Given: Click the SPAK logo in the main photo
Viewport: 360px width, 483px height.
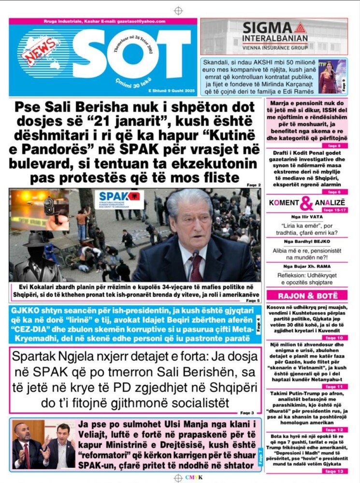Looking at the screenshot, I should click(119, 199).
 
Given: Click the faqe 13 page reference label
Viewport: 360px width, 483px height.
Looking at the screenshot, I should click(334, 471).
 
